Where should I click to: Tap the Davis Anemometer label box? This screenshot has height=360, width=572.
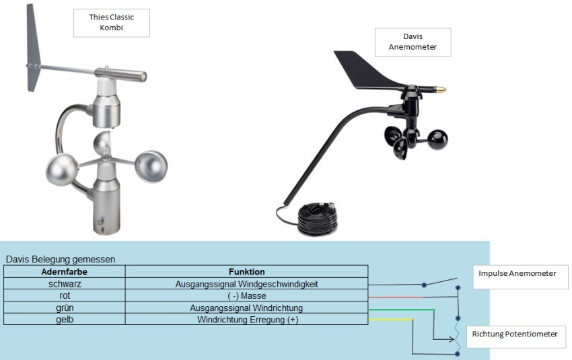click(412, 41)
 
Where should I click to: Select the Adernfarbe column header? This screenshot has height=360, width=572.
click(65, 272)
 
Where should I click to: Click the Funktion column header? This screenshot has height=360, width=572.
click(246, 272)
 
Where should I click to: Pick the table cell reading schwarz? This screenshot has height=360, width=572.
click(65, 284)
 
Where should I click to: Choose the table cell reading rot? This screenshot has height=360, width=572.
click(65, 296)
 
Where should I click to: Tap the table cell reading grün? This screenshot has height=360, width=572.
click(65, 308)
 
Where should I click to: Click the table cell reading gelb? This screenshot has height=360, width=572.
click(65, 320)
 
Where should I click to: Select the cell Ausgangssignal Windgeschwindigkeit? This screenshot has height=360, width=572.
click(246, 284)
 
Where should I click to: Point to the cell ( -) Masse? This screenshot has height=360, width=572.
click(246, 296)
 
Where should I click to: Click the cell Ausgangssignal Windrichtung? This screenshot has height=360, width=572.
click(246, 308)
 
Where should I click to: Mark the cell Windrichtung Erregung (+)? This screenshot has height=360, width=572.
click(246, 320)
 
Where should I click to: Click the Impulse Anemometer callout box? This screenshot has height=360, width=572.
click(520, 276)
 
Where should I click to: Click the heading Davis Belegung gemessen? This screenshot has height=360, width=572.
click(60, 259)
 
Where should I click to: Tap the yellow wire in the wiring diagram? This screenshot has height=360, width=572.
click(390, 320)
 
